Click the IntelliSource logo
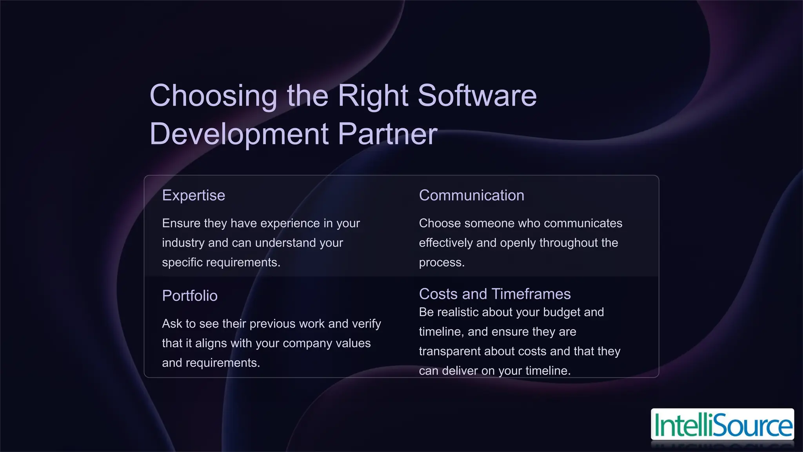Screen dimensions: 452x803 (722, 425)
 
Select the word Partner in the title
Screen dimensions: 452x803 (387, 134)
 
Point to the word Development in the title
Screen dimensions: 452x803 (239, 134)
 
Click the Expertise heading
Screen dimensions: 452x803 (194, 195)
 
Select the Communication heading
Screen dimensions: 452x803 (471, 195)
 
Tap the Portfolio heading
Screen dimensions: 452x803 (190, 296)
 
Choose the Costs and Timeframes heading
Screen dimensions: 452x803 (494, 294)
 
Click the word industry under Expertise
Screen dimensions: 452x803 (183, 243)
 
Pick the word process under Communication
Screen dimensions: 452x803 (441, 262)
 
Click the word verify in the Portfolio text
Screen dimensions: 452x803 (366, 324)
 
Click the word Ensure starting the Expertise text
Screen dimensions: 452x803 (181, 223)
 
